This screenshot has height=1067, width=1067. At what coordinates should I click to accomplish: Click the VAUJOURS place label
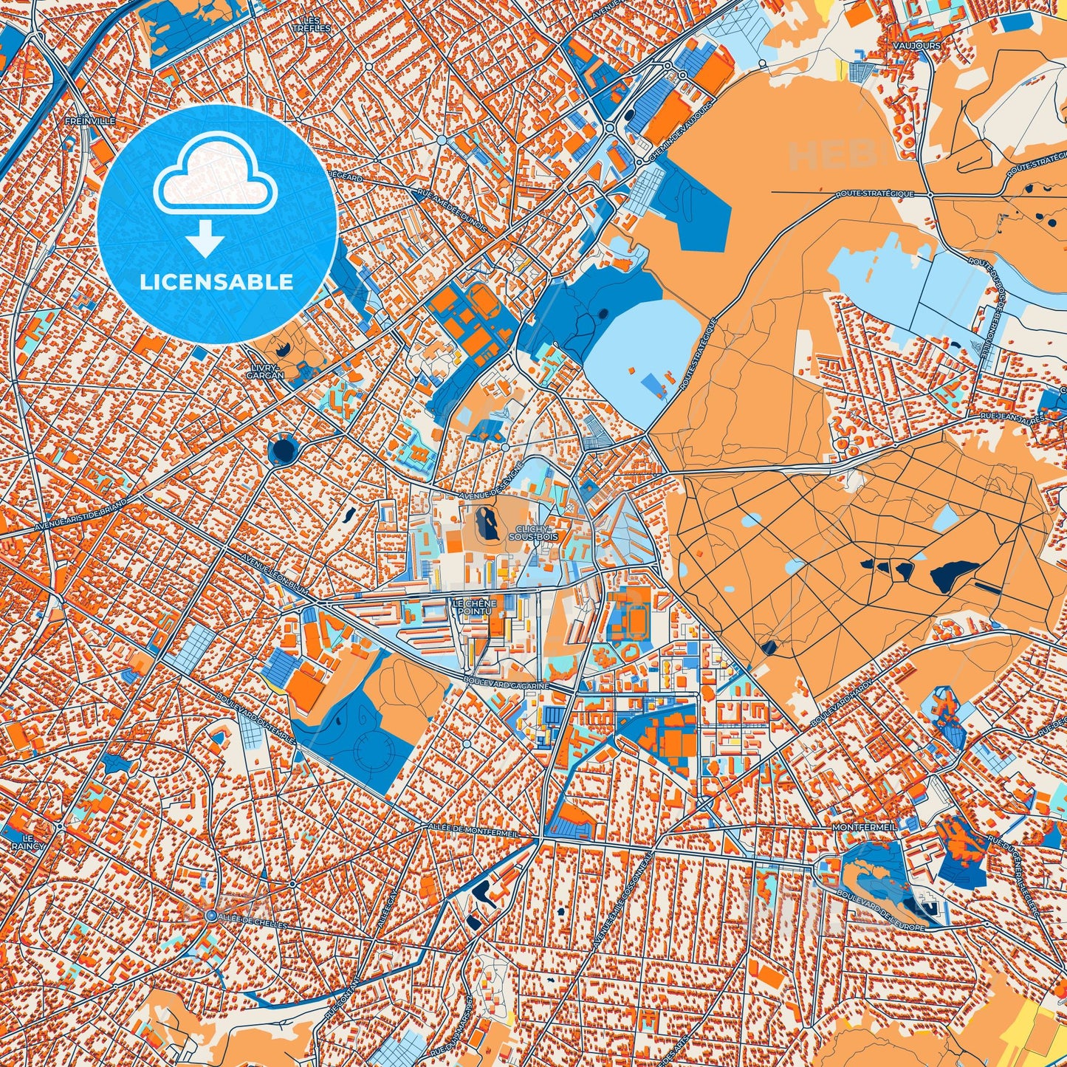[x=921, y=46]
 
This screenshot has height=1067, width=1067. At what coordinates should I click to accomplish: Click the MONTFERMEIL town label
[x=864, y=828]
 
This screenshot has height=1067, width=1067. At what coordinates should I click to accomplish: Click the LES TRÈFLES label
[x=311, y=24]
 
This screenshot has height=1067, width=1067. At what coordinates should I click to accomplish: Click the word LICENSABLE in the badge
[x=217, y=282]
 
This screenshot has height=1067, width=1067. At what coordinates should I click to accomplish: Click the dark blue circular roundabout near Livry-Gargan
[x=283, y=449]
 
